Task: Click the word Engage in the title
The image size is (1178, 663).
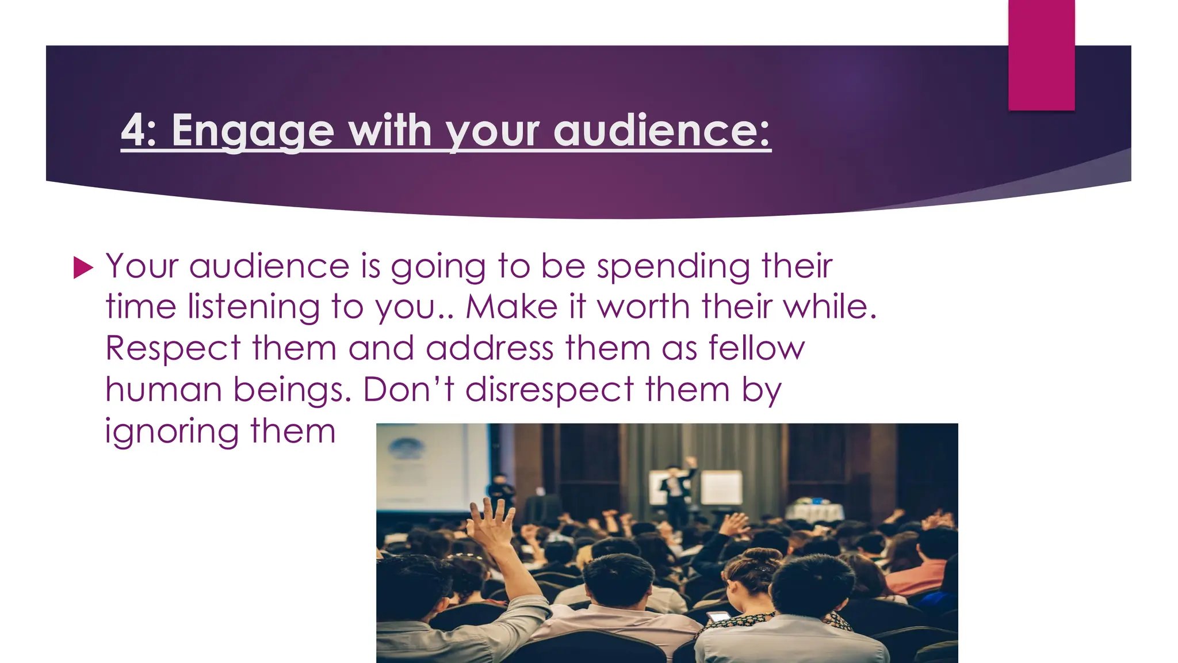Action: [253, 131]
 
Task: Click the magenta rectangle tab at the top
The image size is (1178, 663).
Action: [1041, 55]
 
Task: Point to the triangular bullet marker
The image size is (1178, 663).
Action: [83, 268]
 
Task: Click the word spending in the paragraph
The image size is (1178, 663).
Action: [674, 267]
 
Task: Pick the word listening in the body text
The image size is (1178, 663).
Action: [254, 308]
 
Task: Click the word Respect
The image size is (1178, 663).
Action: [173, 349]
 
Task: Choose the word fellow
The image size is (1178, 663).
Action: [756, 348]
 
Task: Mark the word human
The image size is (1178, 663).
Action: [163, 390]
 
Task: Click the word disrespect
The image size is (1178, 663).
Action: [549, 390]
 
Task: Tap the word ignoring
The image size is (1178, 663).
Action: [171, 432]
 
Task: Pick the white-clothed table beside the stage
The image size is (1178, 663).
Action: [814, 512]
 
